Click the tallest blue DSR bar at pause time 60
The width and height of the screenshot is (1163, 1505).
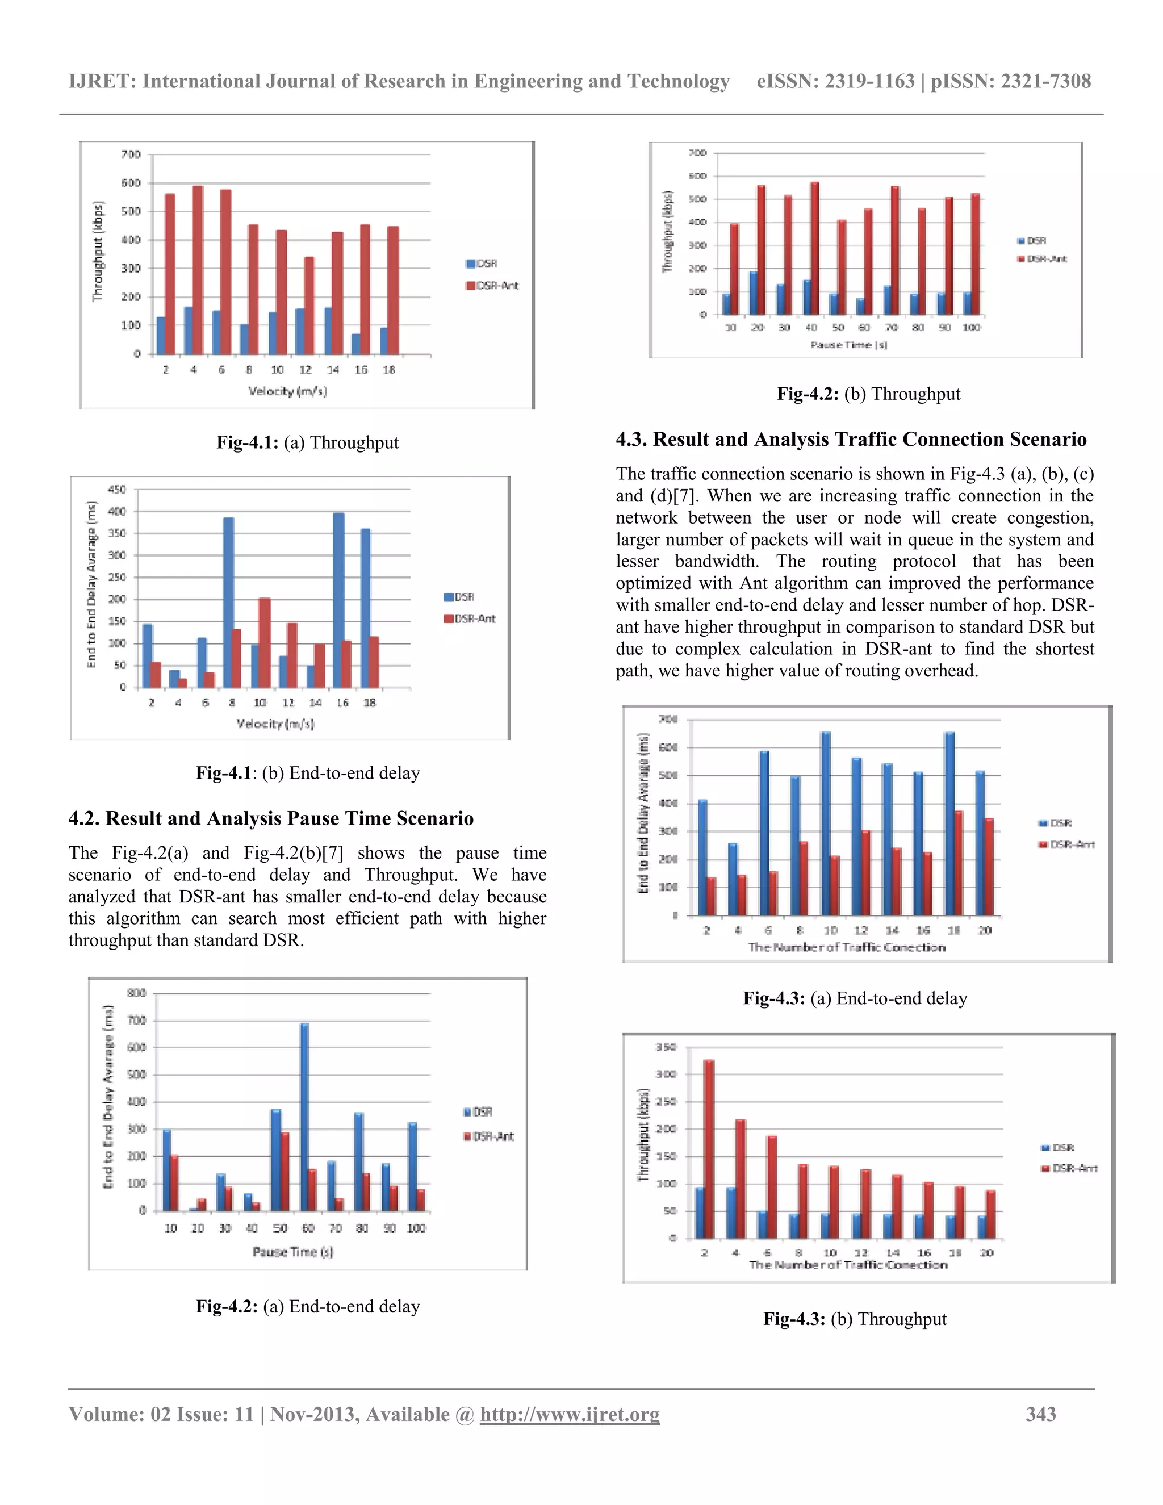point(304,1117)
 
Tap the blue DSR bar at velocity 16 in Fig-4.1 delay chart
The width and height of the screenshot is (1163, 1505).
point(338,600)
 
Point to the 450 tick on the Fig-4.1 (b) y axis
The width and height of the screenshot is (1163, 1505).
point(117,489)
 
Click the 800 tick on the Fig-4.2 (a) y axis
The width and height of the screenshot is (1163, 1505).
point(136,993)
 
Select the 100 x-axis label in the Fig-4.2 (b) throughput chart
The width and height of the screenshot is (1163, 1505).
point(970,327)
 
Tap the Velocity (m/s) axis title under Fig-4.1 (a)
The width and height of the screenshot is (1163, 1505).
point(287,391)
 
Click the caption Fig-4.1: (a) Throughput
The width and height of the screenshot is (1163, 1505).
point(307,442)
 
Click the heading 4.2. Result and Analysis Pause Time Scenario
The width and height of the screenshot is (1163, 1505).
point(271,818)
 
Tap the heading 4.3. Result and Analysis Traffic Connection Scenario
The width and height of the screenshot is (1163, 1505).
point(850,439)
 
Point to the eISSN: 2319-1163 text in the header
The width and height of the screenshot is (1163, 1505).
point(835,81)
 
